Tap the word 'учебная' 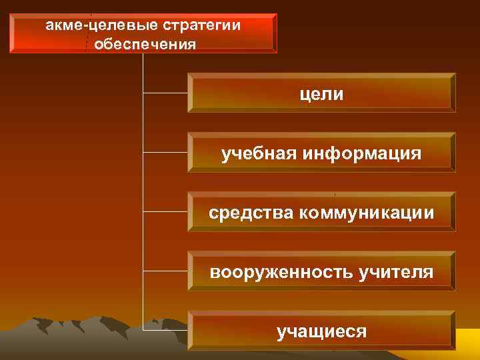coord(259,154)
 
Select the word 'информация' coord(362,154)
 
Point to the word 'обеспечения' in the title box coord(145,45)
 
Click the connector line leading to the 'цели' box coord(165,93)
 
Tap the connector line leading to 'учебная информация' coord(165,152)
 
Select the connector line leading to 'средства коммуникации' coord(165,211)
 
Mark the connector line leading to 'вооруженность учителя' coord(165,271)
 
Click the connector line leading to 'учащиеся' coord(165,330)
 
